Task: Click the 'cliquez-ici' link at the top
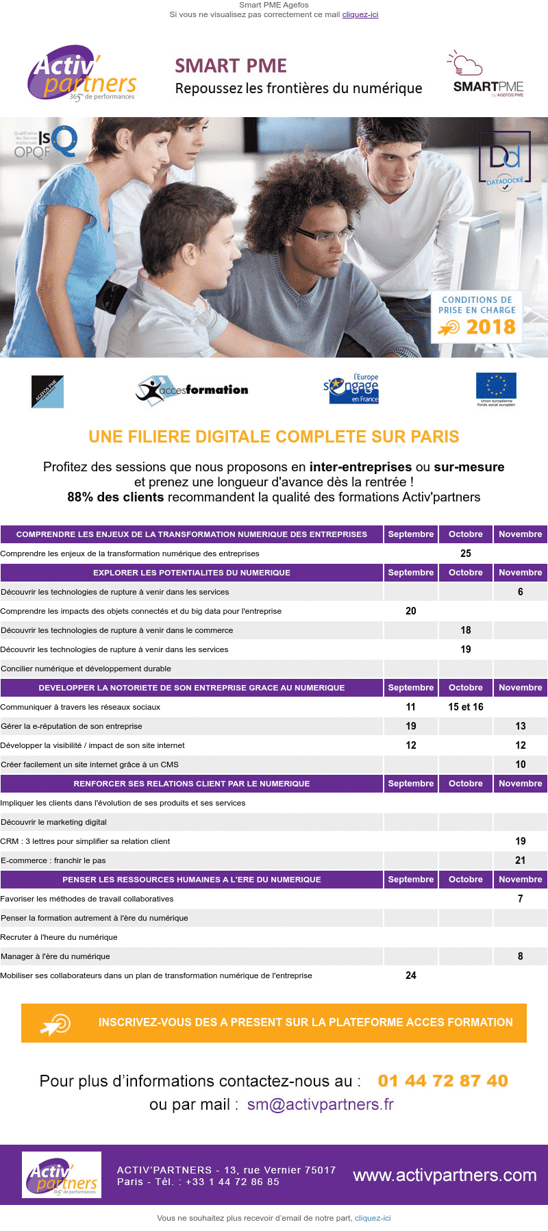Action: [x=360, y=14]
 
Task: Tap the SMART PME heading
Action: [x=231, y=66]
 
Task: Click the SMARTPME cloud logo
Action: [x=486, y=75]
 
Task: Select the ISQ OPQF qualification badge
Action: [x=47, y=142]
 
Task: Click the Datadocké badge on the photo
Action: [x=504, y=162]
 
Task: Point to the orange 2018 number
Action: [x=490, y=327]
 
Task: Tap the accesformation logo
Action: [x=192, y=390]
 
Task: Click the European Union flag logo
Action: [x=496, y=388]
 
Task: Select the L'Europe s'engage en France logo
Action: [x=351, y=388]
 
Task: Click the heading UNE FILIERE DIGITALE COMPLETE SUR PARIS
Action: [x=274, y=436]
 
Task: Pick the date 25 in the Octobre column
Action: [x=466, y=554]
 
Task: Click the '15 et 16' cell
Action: [x=466, y=707]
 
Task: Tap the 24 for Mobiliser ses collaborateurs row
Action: [x=411, y=975]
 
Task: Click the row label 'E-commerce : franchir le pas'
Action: [x=53, y=860]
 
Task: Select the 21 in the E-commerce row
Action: [x=521, y=860]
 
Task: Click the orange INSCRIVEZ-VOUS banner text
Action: [x=306, y=1022]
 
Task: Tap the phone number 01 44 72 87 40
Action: [x=443, y=1081]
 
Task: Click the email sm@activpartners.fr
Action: [x=321, y=1104]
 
